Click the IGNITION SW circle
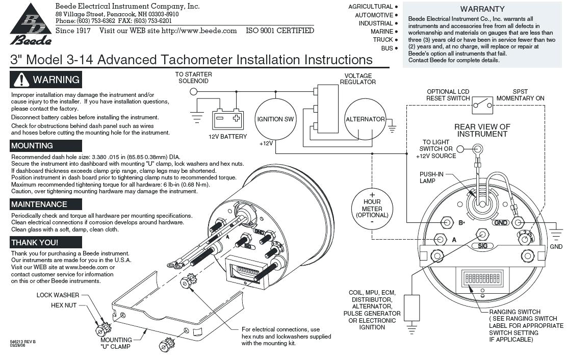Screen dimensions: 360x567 click(x=275, y=119)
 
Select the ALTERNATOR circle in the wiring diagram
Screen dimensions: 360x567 click(x=365, y=119)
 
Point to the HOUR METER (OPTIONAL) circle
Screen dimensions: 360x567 click(x=372, y=209)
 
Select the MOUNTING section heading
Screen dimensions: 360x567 click(x=32, y=146)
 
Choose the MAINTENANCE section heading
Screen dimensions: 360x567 click(x=39, y=204)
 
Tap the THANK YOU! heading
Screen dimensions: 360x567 click(x=35, y=243)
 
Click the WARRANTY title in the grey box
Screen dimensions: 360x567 click(x=482, y=9)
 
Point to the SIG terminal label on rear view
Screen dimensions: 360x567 click(x=482, y=246)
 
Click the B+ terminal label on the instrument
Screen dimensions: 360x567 click(x=461, y=223)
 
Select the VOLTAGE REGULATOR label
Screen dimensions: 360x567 click(x=358, y=79)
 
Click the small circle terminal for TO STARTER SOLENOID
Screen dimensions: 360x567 click(x=193, y=92)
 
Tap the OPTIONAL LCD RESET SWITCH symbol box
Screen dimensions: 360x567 click(x=482, y=106)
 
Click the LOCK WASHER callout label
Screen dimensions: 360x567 click(x=58, y=295)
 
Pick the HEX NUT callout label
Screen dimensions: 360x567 click(x=64, y=305)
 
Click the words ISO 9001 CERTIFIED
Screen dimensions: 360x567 click(x=280, y=31)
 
